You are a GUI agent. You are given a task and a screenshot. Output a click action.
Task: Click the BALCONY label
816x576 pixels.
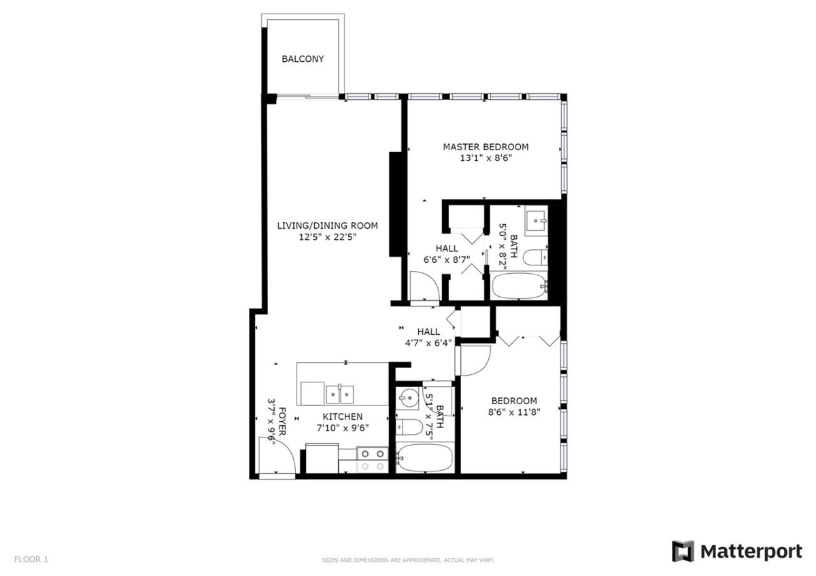pyautogui.click(x=303, y=59)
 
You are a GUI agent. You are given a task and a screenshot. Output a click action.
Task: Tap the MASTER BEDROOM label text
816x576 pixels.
pyautogui.click(x=486, y=147)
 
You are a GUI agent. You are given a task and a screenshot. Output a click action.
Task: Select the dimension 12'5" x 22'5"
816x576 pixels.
pyautogui.click(x=327, y=237)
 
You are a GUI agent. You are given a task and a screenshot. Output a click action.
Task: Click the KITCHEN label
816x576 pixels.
pyautogui.click(x=342, y=416)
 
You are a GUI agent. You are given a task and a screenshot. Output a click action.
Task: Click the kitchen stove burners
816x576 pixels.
pyautogui.click(x=372, y=459)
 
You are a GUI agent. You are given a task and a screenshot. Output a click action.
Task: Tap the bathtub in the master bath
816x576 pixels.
pyautogui.click(x=520, y=288)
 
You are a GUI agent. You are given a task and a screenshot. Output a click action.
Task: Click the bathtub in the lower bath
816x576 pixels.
pyautogui.click(x=423, y=458)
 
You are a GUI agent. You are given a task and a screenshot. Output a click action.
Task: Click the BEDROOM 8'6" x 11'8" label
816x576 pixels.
pyautogui.click(x=513, y=406)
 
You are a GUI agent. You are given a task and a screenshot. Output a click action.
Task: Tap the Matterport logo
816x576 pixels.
pyautogui.click(x=737, y=552)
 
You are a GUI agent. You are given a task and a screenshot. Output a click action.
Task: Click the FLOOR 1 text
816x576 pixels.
pyautogui.click(x=31, y=560)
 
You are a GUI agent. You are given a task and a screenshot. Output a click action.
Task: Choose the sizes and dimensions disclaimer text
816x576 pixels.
pyautogui.click(x=408, y=560)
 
